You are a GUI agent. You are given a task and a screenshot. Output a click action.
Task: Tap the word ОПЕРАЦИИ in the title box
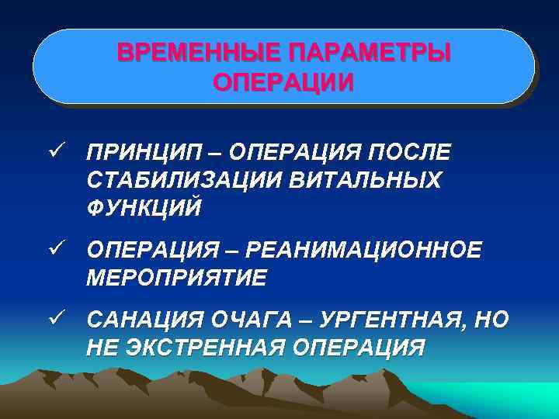[x=283, y=82]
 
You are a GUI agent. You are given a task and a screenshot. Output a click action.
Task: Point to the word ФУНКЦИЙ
[x=145, y=208]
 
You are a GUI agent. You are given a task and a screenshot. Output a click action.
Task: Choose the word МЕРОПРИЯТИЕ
[x=176, y=278]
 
